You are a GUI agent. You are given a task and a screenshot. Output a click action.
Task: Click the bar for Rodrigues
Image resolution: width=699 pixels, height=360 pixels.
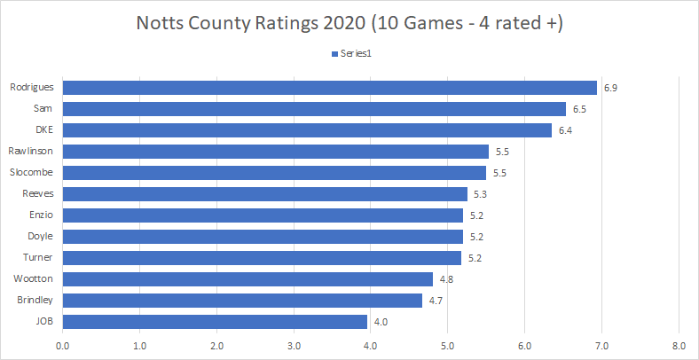tap(329, 87)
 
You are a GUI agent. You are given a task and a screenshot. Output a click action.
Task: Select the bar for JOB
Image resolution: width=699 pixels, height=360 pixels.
tap(215, 321)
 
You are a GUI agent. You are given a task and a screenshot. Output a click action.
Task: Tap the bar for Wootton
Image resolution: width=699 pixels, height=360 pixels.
tap(247, 278)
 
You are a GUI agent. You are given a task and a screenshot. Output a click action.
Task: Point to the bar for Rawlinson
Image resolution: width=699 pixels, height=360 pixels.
tap(275, 151)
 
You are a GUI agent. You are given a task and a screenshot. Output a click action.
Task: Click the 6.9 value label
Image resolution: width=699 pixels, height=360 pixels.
tap(610, 88)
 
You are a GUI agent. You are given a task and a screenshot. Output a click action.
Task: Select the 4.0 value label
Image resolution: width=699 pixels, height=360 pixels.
tap(381, 322)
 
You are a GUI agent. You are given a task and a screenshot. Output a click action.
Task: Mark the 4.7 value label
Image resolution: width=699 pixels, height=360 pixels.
tap(436, 301)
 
